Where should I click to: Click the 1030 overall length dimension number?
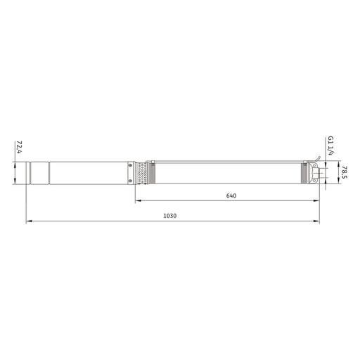[x=170, y=216]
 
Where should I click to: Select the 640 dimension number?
[x=231, y=195]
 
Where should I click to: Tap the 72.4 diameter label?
[x=19, y=147]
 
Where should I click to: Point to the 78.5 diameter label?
[x=345, y=172]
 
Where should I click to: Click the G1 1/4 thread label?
[x=330, y=146]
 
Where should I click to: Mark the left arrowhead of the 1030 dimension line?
[x=29, y=221]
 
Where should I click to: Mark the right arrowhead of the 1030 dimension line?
[x=316, y=221]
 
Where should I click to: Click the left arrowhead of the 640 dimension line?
[x=138, y=200]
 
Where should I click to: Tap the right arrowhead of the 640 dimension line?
[x=316, y=200]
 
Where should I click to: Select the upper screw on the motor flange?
[x=130, y=165]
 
